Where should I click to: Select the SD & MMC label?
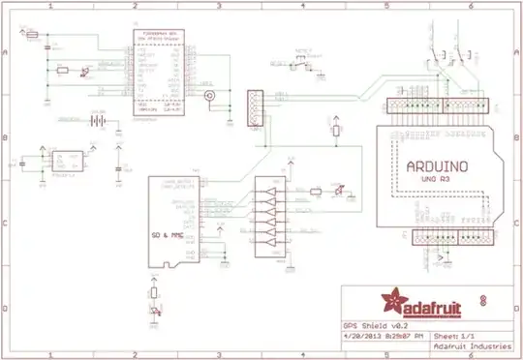[x=169, y=237]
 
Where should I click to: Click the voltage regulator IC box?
[x=66, y=161]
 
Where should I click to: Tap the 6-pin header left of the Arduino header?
[x=255, y=107]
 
